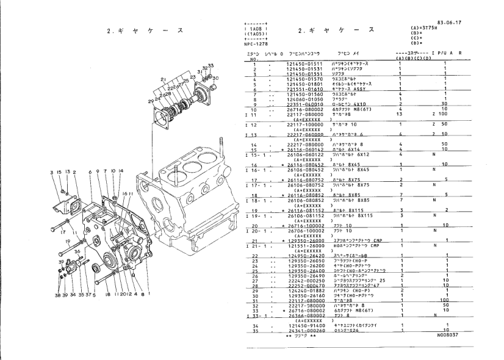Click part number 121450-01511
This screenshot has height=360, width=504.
click(x=304, y=63)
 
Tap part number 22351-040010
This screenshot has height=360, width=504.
click(x=304, y=104)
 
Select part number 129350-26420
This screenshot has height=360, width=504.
click(x=304, y=256)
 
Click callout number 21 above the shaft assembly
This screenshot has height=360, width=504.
click(x=163, y=80)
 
